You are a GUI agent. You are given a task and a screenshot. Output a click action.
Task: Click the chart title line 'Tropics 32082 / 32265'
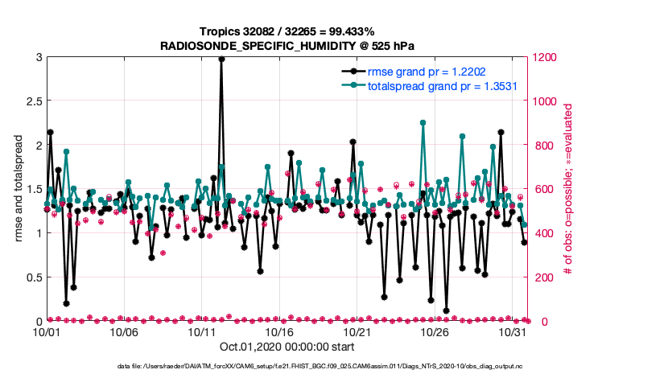point(286,30)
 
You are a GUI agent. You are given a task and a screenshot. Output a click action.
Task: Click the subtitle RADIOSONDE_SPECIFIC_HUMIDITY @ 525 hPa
point(286,45)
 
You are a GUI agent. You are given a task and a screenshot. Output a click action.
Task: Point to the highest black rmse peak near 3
point(221,59)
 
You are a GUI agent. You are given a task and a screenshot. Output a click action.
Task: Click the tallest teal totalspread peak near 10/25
point(423,123)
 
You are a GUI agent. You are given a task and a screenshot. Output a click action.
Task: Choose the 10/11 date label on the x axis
point(202,332)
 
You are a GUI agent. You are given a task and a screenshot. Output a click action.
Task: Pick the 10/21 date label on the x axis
point(357,332)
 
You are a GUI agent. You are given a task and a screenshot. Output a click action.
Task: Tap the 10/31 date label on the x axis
point(513,332)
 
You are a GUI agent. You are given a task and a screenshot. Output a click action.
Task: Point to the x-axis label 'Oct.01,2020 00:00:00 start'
point(286,347)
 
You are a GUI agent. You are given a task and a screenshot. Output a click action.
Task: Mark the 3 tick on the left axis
point(38,57)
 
